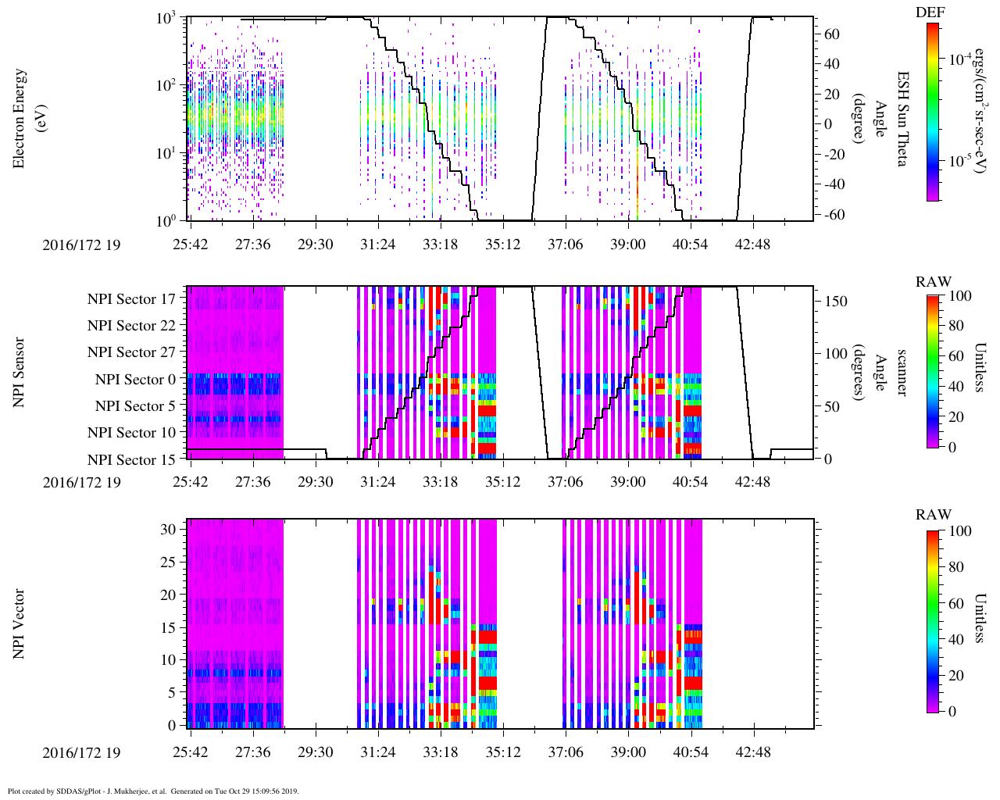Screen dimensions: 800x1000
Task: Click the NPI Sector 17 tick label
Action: point(131,298)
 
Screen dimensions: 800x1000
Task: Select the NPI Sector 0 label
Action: point(135,380)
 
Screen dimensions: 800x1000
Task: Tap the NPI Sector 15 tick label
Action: point(131,459)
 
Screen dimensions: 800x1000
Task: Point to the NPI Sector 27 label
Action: point(131,352)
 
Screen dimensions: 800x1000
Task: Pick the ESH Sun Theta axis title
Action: point(902,118)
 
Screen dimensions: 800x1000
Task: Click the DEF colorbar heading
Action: point(930,12)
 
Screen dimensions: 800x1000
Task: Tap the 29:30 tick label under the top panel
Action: point(315,245)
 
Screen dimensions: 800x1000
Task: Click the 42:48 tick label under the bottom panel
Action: point(753,752)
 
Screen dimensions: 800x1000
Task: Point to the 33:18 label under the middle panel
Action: point(440,481)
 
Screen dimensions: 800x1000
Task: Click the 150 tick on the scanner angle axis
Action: point(837,302)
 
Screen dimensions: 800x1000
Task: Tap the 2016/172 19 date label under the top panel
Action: point(82,245)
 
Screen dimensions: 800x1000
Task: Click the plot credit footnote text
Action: point(152,791)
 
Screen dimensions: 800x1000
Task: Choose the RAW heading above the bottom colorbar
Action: point(934,514)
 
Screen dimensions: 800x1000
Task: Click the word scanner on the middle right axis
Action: point(902,372)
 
